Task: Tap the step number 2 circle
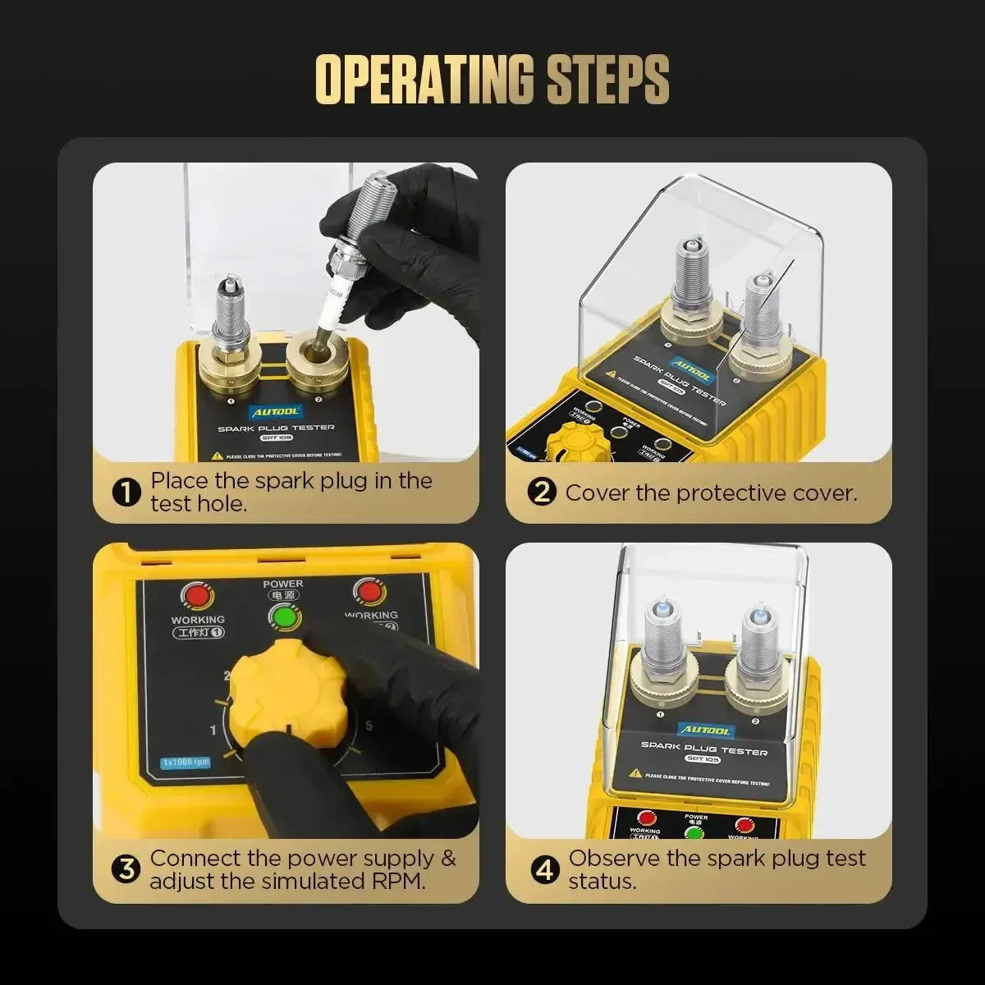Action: (543, 492)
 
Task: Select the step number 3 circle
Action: (126, 869)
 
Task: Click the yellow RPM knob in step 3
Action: (287, 689)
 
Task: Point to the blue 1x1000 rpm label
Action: (185, 761)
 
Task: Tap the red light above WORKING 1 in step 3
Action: (197, 594)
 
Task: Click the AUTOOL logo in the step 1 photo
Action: (277, 412)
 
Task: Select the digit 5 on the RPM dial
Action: (369, 726)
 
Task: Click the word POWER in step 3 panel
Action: (283, 584)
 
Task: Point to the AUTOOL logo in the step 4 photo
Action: (703, 729)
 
